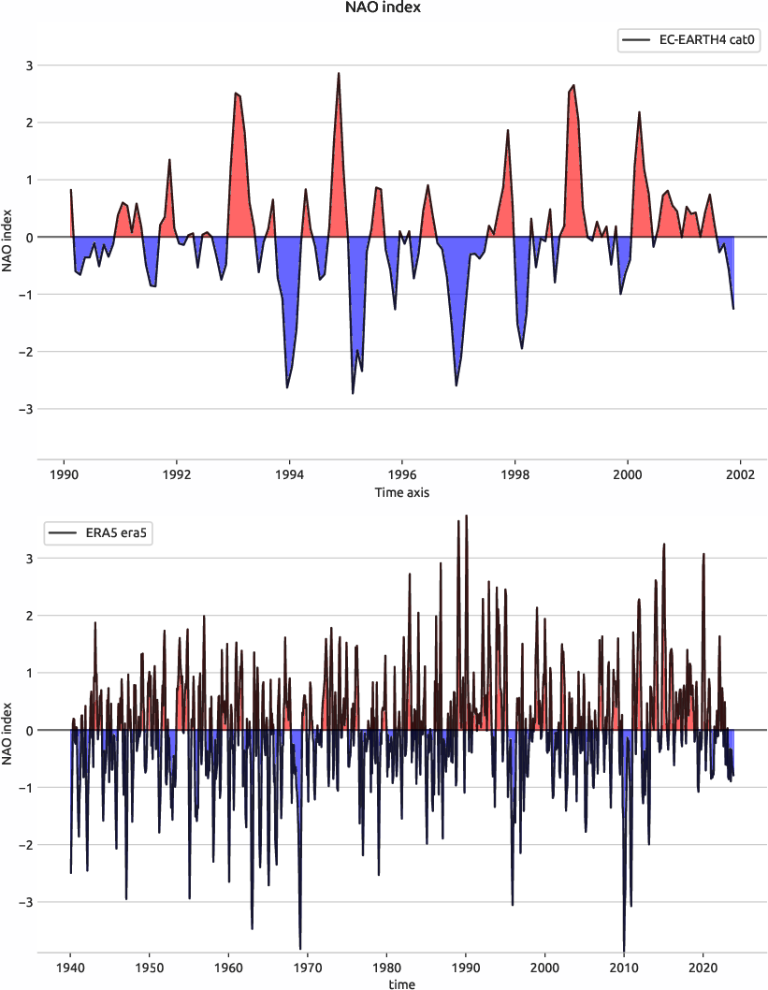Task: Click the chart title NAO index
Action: click(x=384, y=8)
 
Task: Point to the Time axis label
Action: click(x=402, y=492)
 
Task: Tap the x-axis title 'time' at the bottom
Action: click(x=402, y=983)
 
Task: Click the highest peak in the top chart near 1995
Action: click(x=339, y=73)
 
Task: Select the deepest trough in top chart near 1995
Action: click(x=353, y=393)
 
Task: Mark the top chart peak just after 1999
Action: click(x=573, y=85)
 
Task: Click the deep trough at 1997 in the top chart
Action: click(x=456, y=385)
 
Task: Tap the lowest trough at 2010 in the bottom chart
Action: click(x=624, y=949)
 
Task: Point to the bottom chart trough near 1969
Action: click(x=300, y=948)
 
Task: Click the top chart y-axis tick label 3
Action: click(x=29, y=66)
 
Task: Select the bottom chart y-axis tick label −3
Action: click(x=26, y=902)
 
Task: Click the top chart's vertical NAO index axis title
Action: click(x=8, y=238)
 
